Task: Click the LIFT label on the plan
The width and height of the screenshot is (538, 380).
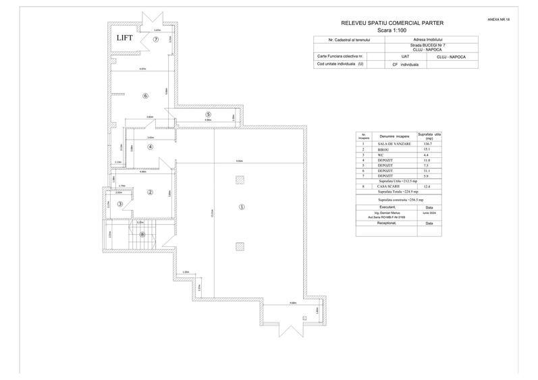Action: click(x=124, y=38)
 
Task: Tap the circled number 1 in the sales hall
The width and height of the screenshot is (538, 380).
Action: click(x=241, y=207)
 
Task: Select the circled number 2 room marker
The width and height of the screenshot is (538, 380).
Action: click(x=150, y=192)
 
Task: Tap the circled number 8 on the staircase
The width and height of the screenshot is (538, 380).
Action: click(x=142, y=234)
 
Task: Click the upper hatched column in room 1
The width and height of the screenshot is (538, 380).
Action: click(x=240, y=180)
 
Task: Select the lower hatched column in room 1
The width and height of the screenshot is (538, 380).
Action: click(x=240, y=246)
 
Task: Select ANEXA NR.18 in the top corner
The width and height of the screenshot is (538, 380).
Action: click(x=498, y=20)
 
